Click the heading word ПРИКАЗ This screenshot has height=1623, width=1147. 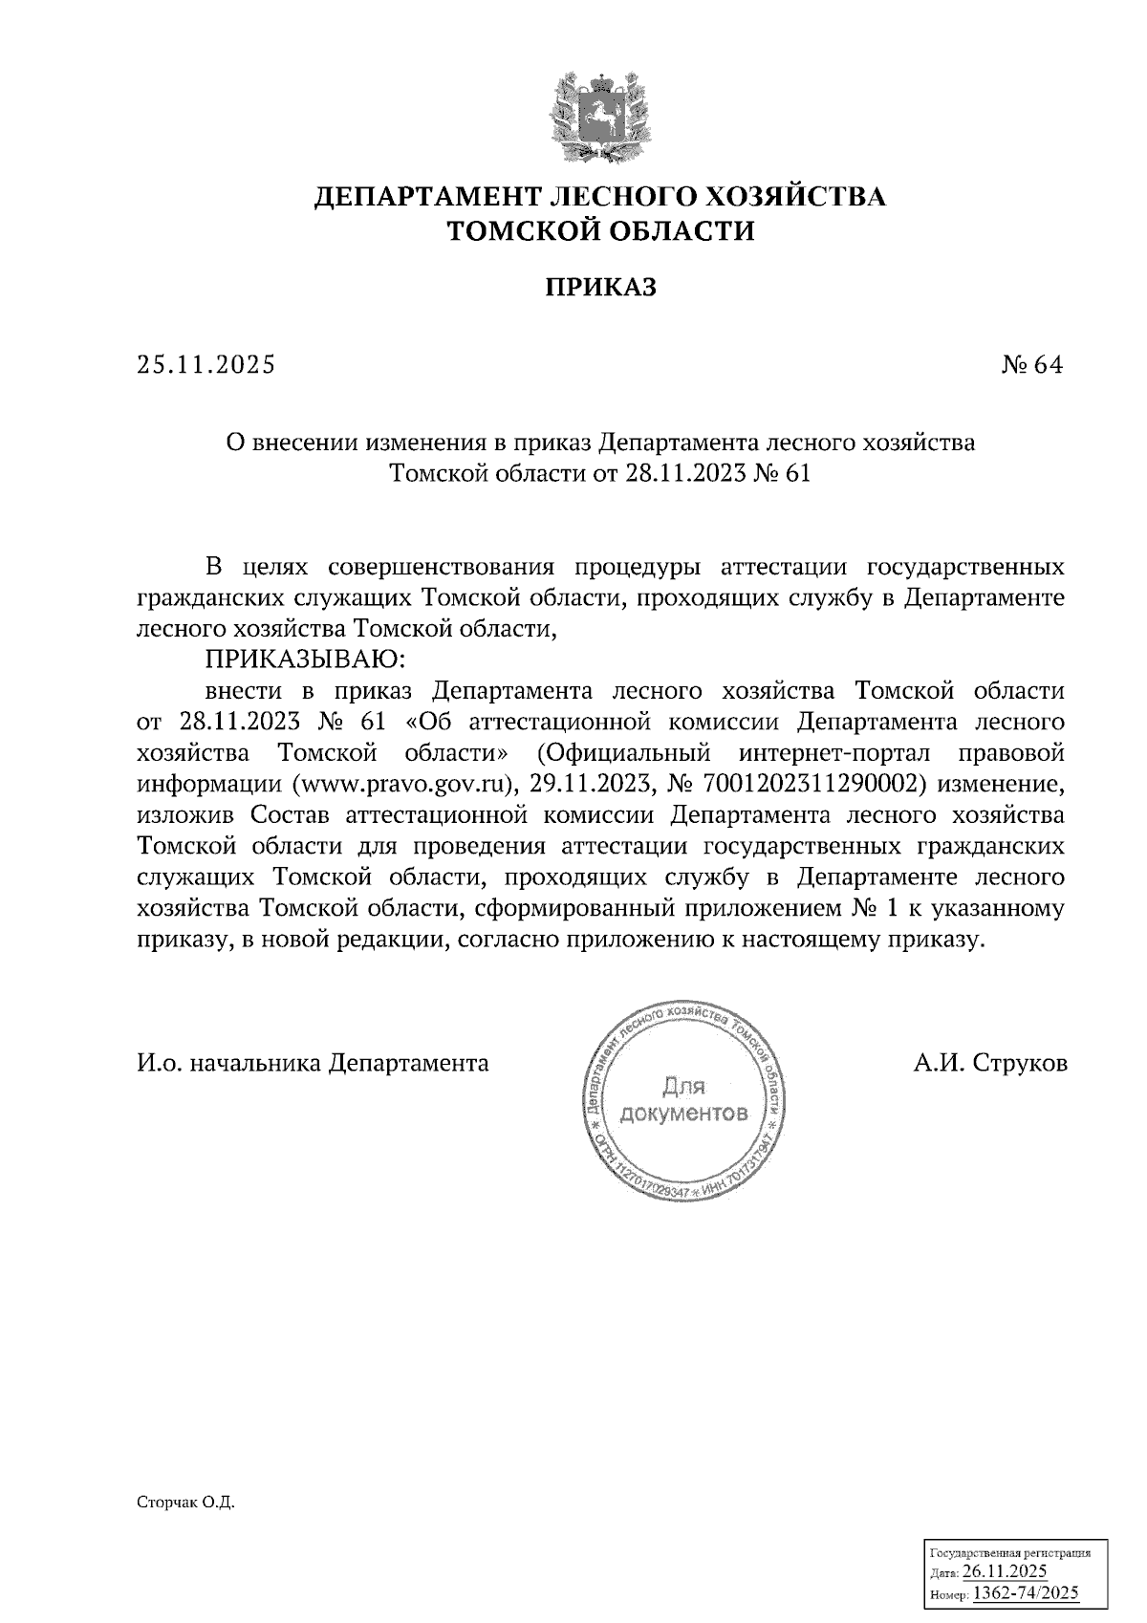coord(600,287)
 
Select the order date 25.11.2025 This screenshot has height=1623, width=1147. coord(206,365)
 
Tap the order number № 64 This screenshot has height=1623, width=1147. coord(1031,365)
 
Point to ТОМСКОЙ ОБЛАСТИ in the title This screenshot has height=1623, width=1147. coord(601,230)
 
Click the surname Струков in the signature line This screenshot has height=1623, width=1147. coord(1020,1063)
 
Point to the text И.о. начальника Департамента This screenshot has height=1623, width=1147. coord(313,1063)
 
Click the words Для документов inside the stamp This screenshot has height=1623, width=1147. coord(682,1100)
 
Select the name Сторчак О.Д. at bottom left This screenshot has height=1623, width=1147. coord(185,1503)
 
